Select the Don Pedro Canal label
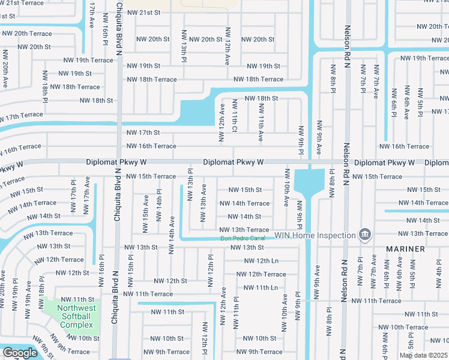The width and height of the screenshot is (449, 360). tap(243, 239)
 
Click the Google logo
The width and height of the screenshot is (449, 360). tap(20, 353)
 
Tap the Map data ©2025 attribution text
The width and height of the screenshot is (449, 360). tap(423, 355)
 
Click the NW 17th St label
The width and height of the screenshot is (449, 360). tap(143, 133)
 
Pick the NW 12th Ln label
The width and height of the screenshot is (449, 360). tap(261, 260)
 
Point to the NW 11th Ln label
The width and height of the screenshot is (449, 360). tap(261, 287)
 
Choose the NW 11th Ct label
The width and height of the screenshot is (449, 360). tap(235, 116)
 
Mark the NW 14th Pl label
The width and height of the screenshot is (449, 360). tap(160, 205)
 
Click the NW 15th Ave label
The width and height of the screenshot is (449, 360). tap(146, 208)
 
